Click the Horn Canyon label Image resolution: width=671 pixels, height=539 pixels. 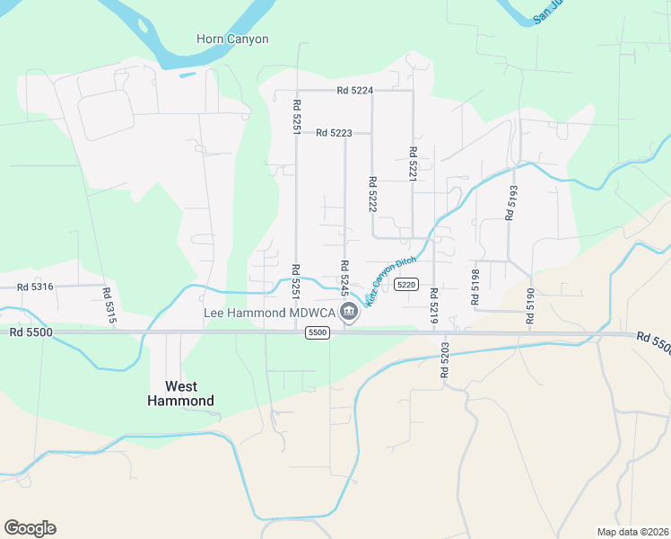click(x=232, y=40)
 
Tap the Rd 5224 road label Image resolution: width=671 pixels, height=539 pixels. click(x=355, y=91)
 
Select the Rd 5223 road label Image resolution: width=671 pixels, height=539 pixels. click(x=334, y=134)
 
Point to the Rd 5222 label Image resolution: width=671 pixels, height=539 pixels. click(x=371, y=193)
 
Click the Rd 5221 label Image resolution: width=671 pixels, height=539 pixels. click(x=413, y=164)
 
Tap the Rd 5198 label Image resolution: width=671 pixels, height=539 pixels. click(x=475, y=287)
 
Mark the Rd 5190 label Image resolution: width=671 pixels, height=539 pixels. click(x=530, y=306)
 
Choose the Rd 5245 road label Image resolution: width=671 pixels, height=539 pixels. click(x=344, y=278)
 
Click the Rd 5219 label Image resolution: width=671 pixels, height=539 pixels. click(x=433, y=305)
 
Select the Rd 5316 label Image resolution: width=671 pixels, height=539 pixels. click(x=36, y=287)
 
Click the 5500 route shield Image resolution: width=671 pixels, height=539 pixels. click(x=317, y=332)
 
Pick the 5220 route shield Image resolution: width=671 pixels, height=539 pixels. click(x=406, y=285)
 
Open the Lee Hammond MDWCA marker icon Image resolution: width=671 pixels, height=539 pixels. click(x=349, y=313)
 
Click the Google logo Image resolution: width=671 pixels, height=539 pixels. click(x=30, y=528)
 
